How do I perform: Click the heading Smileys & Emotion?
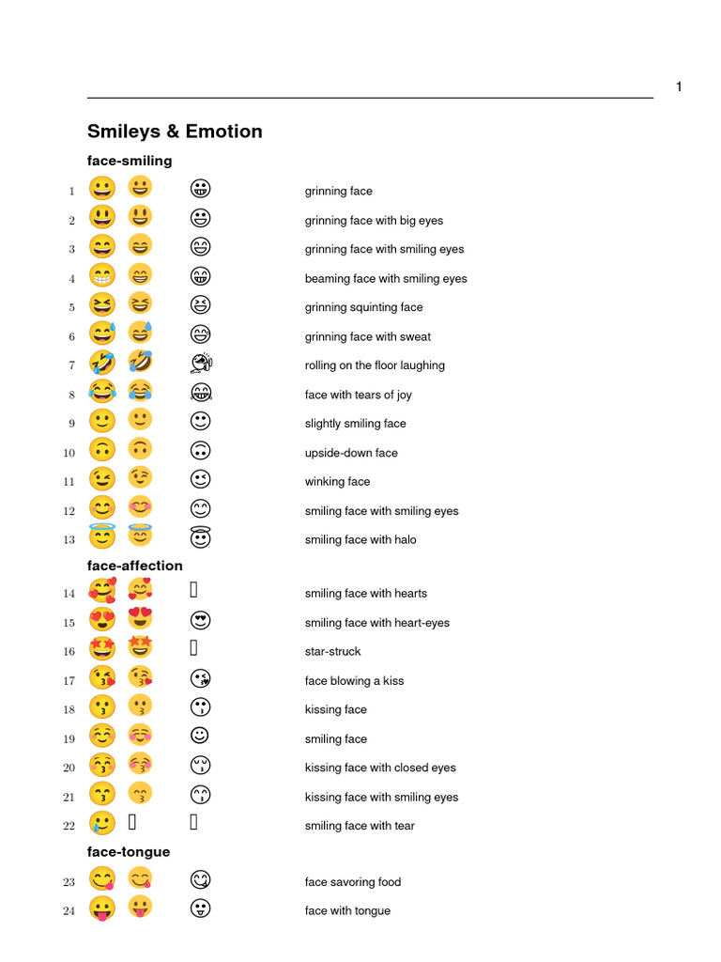pos(175,132)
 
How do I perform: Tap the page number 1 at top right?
pos(679,87)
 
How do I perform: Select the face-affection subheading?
pos(135,566)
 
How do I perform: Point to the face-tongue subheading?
pos(129,852)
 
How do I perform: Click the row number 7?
pos(71,365)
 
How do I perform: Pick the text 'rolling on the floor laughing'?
pos(375,365)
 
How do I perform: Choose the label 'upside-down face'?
pos(351,453)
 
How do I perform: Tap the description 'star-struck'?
pos(332,652)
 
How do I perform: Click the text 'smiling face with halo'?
pos(360,540)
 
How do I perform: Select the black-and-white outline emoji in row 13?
pos(200,538)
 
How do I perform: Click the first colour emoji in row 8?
pos(101,394)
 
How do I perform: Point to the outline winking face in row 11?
pos(200,481)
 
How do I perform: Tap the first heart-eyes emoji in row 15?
pos(101,621)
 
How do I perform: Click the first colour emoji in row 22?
pos(101,825)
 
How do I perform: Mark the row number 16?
pos(69,652)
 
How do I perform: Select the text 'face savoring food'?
pos(353,882)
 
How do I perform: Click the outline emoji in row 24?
pos(200,909)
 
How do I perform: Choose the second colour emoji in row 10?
pos(140,451)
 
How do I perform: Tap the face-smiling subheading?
pos(130,161)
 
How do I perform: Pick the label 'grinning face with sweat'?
pos(368,336)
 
